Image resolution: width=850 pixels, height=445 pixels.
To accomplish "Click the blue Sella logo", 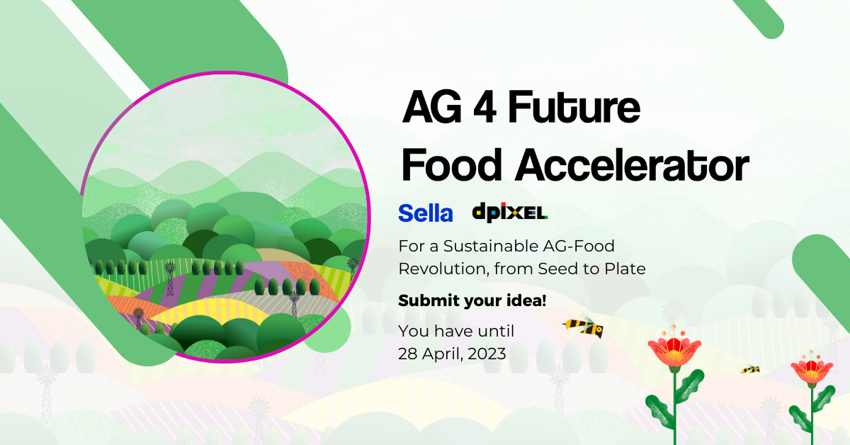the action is pyautogui.click(x=426, y=213).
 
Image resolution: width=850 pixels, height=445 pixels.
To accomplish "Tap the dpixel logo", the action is pyautogui.click(x=509, y=213).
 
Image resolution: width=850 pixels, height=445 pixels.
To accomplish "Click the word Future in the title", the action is pyautogui.click(x=574, y=107).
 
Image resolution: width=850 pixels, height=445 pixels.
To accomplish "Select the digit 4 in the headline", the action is pyautogui.click(x=485, y=107).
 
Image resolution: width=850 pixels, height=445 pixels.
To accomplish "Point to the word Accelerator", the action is pyautogui.click(x=632, y=165).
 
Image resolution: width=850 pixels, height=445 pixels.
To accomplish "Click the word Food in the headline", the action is pyautogui.click(x=452, y=165).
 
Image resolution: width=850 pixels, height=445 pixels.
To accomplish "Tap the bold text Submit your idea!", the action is pyautogui.click(x=472, y=300).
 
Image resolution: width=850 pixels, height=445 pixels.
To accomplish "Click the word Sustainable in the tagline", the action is pyautogui.click(x=491, y=246).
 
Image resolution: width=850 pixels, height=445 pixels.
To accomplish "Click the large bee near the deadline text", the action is pyautogui.click(x=583, y=327).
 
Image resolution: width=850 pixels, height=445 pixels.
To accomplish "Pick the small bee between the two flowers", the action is pyautogui.click(x=750, y=369).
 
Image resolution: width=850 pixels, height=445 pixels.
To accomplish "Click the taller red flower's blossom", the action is pyautogui.click(x=674, y=349).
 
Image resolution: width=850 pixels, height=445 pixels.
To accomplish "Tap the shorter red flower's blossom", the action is pyautogui.click(x=812, y=368).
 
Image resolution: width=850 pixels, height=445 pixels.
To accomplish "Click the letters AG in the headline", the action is pyautogui.click(x=432, y=107).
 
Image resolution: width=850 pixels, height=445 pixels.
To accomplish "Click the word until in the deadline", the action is pyautogui.click(x=497, y=331).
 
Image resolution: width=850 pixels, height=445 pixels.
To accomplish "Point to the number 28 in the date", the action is pyautogui.click(x=408, y=354).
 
